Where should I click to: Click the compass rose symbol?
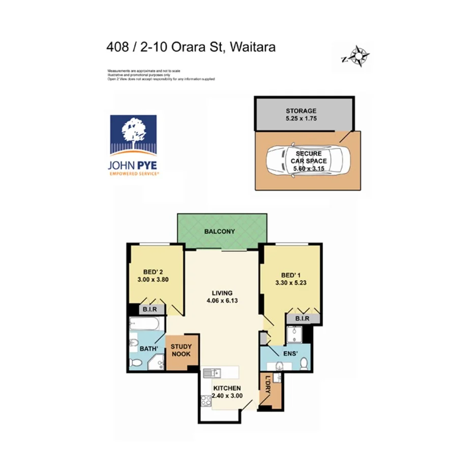tap(360, 56)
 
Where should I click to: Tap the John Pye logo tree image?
tap(134, 133)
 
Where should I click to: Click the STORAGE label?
tap(301, 110)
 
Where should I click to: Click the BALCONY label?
tap(220, 231)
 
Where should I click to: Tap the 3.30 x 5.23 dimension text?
tap(290, 283)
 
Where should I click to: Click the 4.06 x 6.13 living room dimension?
tap(223, 300)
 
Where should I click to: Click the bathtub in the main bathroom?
tap(145, 324)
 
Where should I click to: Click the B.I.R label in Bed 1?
tap(302, 319)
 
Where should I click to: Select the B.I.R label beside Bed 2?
tap(153, 309)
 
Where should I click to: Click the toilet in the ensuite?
tap(304, 363)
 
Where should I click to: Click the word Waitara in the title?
tap(253, 47)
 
